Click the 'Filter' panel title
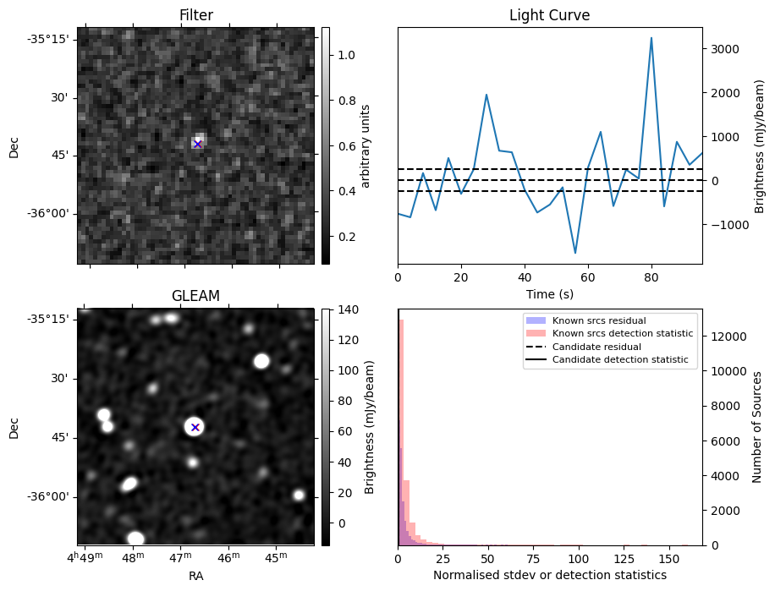tap(195, 15)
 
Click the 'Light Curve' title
tap(549, 15)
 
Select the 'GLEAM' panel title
tap(195, 296)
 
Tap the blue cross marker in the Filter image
tap(197, 145)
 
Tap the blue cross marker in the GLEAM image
tap(195, 427)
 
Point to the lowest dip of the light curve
tap(575, 253)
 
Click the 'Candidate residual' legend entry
tap(596, 347)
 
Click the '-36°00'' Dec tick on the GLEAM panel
tap(49, 496)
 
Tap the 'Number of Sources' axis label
tap(757, 427)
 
